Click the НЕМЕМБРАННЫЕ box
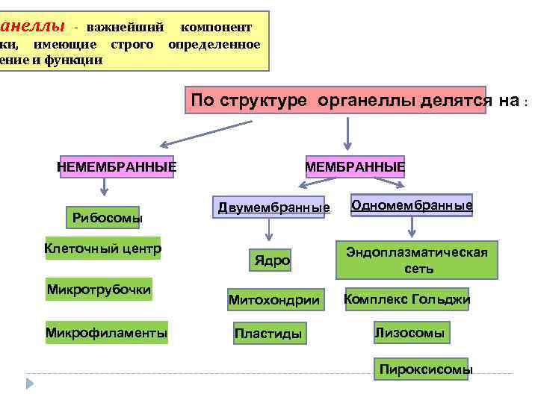[x=117, y=166]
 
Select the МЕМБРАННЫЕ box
[x=355, y=166]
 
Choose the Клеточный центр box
[x=102, y=248]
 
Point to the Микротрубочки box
[x=99, y=289]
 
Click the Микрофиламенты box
[x=106, y=332]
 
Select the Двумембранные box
[x=273, y=207]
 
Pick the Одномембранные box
[x=412, y=204]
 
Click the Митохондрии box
[x=274, y=300]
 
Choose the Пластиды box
[x=268, y=334]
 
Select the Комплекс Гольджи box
[x=406, y=300]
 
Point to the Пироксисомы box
[x=426, y=369]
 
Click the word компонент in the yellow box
[x=216, y=27]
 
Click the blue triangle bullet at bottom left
[x=31, y=384]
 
